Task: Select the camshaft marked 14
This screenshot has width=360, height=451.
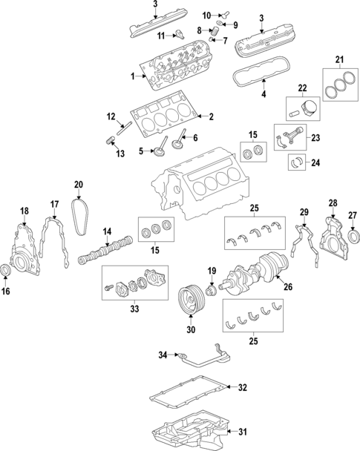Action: tap(108, 249)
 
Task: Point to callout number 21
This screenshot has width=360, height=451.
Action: tap(340, 60)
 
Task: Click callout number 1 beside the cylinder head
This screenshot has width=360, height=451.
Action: tap(132, 76)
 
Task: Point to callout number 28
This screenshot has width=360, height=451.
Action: tap(332, 203)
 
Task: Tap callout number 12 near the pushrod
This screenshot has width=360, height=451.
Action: tap(111, 116)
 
